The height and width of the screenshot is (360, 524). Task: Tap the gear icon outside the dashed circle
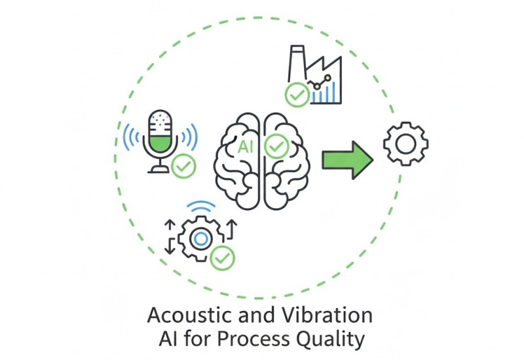405,143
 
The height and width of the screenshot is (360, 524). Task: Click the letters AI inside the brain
248,145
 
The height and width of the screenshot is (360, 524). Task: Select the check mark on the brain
276,145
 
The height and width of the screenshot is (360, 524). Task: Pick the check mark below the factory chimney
297,96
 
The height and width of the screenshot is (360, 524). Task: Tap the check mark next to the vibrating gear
223,258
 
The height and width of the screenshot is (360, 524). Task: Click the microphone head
160,131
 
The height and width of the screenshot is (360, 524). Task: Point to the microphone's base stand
159,170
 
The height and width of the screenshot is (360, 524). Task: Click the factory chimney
295,62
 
